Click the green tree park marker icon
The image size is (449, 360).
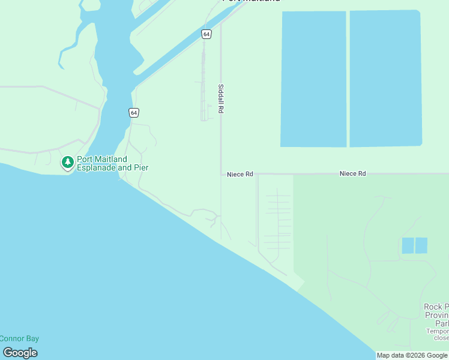(68, 163)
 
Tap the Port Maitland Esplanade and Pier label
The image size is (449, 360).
(112, 163)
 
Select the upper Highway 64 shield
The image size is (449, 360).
(206, 34)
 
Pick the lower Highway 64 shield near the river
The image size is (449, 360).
(133, 112)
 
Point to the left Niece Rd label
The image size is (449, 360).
(240, 175)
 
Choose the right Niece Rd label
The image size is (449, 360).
(352, 173)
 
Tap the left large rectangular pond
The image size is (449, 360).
(313, 79)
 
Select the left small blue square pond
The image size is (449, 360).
(408, 245)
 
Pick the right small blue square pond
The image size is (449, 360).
(421, 245)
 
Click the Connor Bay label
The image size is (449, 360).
(19, 338)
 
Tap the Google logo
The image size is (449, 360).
(19, 353)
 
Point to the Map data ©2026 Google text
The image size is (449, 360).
(412, 355)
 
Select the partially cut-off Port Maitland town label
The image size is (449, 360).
(251, 1)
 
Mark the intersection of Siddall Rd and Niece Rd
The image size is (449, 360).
(221, 174)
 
